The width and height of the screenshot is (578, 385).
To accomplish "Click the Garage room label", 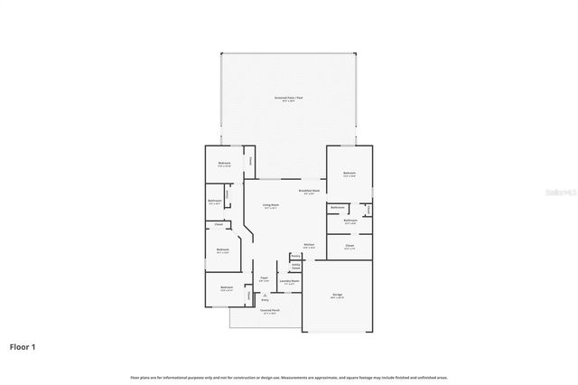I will [337, 294].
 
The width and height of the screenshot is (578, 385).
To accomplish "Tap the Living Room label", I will [269, 206].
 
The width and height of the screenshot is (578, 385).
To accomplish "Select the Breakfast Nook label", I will [309, 190].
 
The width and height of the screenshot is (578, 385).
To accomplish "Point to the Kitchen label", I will [308, 245].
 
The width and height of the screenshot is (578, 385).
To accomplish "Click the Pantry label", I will [295, 256].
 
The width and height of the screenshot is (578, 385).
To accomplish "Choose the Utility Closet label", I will [295, 267].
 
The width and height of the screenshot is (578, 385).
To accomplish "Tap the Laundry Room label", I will [289, 281].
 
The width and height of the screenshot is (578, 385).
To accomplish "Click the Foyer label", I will [264, 278].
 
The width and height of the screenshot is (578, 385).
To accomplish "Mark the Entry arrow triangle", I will [264, 295].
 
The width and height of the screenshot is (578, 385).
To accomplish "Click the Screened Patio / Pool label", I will [288, 97].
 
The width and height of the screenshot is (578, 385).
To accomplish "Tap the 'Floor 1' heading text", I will [23, 346].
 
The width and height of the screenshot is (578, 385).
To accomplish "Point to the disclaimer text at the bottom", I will [288, 376].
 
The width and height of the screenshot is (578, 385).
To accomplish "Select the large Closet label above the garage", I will [349, 245].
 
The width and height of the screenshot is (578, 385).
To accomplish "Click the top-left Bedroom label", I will [224, 164].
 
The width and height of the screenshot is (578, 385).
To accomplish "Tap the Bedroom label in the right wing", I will [349, 173].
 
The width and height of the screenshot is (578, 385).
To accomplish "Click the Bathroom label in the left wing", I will [215, 201].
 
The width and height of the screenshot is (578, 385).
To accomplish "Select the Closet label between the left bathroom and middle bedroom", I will [219, 223].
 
